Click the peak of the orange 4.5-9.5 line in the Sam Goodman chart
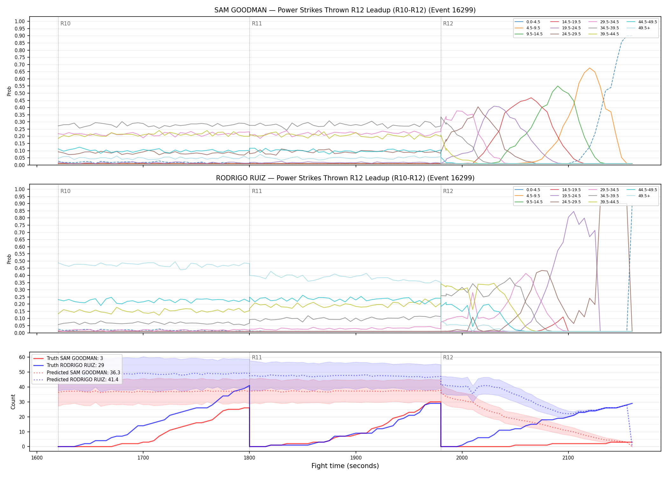point(589,68)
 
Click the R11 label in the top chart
point(257,24)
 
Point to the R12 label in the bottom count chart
point(448,357)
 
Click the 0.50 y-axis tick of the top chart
point(20,93)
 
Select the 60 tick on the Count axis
point(22,357)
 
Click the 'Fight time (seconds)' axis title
point(345,466)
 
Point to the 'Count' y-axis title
point(13,402)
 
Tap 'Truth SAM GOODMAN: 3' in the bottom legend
point(75,358)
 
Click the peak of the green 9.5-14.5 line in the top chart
point(558,86)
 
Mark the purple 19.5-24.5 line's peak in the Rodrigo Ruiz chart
point(574,211)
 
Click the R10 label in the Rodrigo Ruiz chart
point(66,191)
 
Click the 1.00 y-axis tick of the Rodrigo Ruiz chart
point(20,189)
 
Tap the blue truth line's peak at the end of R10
point(249,385)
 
